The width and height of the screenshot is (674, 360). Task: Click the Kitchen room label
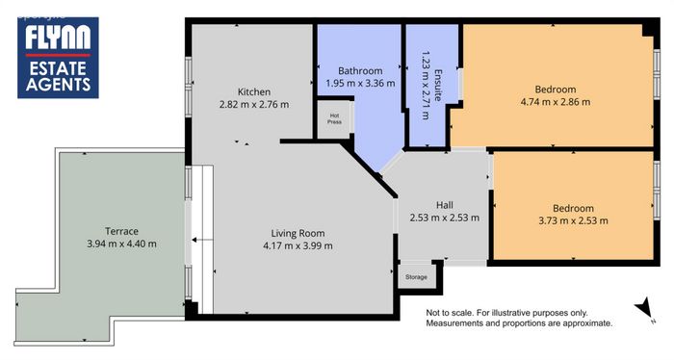[x=254, y=92]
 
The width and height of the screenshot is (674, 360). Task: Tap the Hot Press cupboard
[x=334, y=119]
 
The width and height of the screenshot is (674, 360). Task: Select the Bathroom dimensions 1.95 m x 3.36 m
[x=360, y=84]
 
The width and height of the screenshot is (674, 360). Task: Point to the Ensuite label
[x=438, y=85]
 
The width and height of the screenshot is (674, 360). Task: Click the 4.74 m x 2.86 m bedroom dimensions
[x=556, y=102]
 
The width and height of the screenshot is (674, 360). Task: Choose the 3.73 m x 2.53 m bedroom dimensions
[x=574, y=220]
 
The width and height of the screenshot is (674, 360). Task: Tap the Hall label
[x=445, y=205]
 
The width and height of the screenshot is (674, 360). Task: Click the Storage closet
[x=416, y=277]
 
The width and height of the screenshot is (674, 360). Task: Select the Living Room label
[x=298, y=233]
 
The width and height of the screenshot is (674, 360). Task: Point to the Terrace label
[x=121, y=231]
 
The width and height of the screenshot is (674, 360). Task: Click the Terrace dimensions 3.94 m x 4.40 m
[x=121, y=244]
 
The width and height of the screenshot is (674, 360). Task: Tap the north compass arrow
[x=644, y=308]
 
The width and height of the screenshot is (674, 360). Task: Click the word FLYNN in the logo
[x=58, y=37]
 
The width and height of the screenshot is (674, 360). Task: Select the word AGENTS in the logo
[x=58, y=84]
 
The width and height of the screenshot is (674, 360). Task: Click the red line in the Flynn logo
[x=58, y=56]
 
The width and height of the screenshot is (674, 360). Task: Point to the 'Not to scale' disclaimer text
[x=519, y=319]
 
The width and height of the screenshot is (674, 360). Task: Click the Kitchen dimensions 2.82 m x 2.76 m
[x=254, y=104]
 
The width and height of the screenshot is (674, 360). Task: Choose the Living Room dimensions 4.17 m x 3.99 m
[x=298, y=246]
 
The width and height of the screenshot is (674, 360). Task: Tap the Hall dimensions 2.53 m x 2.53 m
[x=445, y=218]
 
